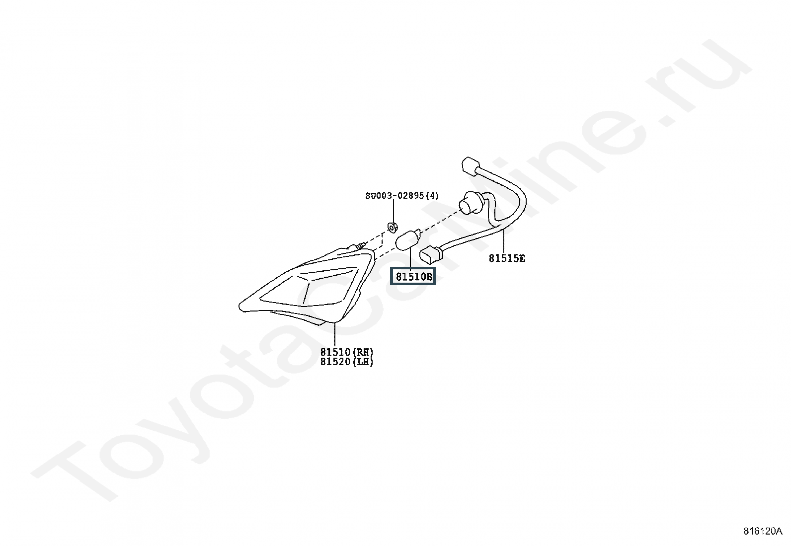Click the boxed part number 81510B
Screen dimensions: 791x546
point(413,276)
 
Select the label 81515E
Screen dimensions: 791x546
point(507,258)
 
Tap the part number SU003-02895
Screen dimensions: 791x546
point(395,196)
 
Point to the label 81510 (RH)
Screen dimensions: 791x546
point(347,352)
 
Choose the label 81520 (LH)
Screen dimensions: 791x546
point(347,362)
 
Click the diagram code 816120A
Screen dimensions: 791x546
point(763,531)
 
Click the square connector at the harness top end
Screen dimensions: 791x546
point(471,166)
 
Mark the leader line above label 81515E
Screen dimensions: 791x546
point(503,241)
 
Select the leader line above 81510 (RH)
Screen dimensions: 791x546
point(334,334)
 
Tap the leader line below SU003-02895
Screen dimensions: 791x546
point(393,211)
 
